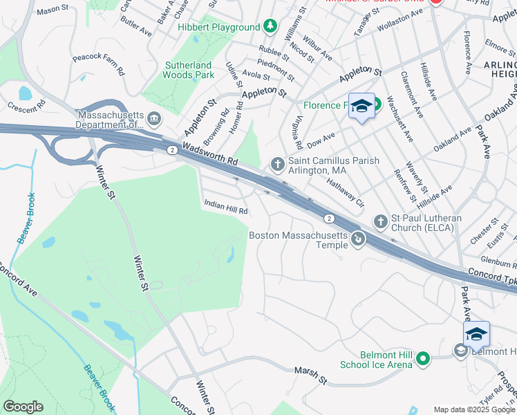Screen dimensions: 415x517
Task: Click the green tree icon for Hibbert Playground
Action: point(271,27)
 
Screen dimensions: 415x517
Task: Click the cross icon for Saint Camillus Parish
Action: point(277,164)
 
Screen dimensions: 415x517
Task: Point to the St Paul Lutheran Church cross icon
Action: point(379,222)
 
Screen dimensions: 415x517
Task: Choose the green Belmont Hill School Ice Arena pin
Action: point(423,358)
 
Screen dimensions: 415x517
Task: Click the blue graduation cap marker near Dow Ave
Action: point(361,106)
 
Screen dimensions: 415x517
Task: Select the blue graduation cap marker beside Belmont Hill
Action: point(476,334)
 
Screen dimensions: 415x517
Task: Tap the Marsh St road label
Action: point(310,375)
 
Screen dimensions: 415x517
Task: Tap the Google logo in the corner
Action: point(23,407)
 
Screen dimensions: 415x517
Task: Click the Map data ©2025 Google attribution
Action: point(473,409)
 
